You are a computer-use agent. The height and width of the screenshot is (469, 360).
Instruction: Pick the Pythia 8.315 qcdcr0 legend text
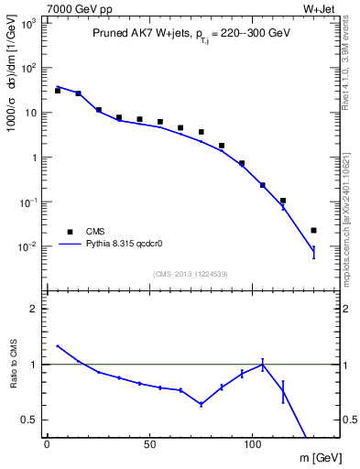[x=127, y=245]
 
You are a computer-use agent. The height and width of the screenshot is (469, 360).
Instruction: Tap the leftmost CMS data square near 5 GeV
[x=58, y=91]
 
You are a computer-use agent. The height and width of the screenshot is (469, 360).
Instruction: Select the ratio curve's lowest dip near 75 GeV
[x=201, y=404]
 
